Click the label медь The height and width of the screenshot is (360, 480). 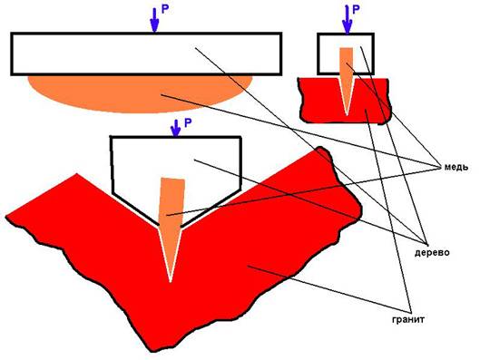point(456,168)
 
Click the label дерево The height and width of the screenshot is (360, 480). point(432,253)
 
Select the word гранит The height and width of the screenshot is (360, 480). point(408,319)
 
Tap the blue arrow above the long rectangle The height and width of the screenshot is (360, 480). point(154,20)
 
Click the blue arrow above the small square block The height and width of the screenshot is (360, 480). point(347,19)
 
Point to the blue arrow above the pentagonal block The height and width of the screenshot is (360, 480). point(175,128)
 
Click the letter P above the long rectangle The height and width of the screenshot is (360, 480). point(165,9)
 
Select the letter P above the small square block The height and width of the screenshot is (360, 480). point(356,10)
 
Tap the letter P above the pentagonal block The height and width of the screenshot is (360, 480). point(188,123)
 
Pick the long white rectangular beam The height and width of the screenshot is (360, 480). point(146,54)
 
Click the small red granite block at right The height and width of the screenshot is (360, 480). point(346,101)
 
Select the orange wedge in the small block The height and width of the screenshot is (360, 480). point(347,81)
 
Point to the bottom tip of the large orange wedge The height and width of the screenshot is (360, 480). point(171,281)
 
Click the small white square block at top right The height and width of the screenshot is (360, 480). point(346,54)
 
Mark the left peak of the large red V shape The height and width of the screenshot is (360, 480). point(76,174)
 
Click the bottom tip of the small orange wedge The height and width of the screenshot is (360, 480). point(347,115)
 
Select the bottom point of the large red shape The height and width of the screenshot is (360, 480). point(152,351)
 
